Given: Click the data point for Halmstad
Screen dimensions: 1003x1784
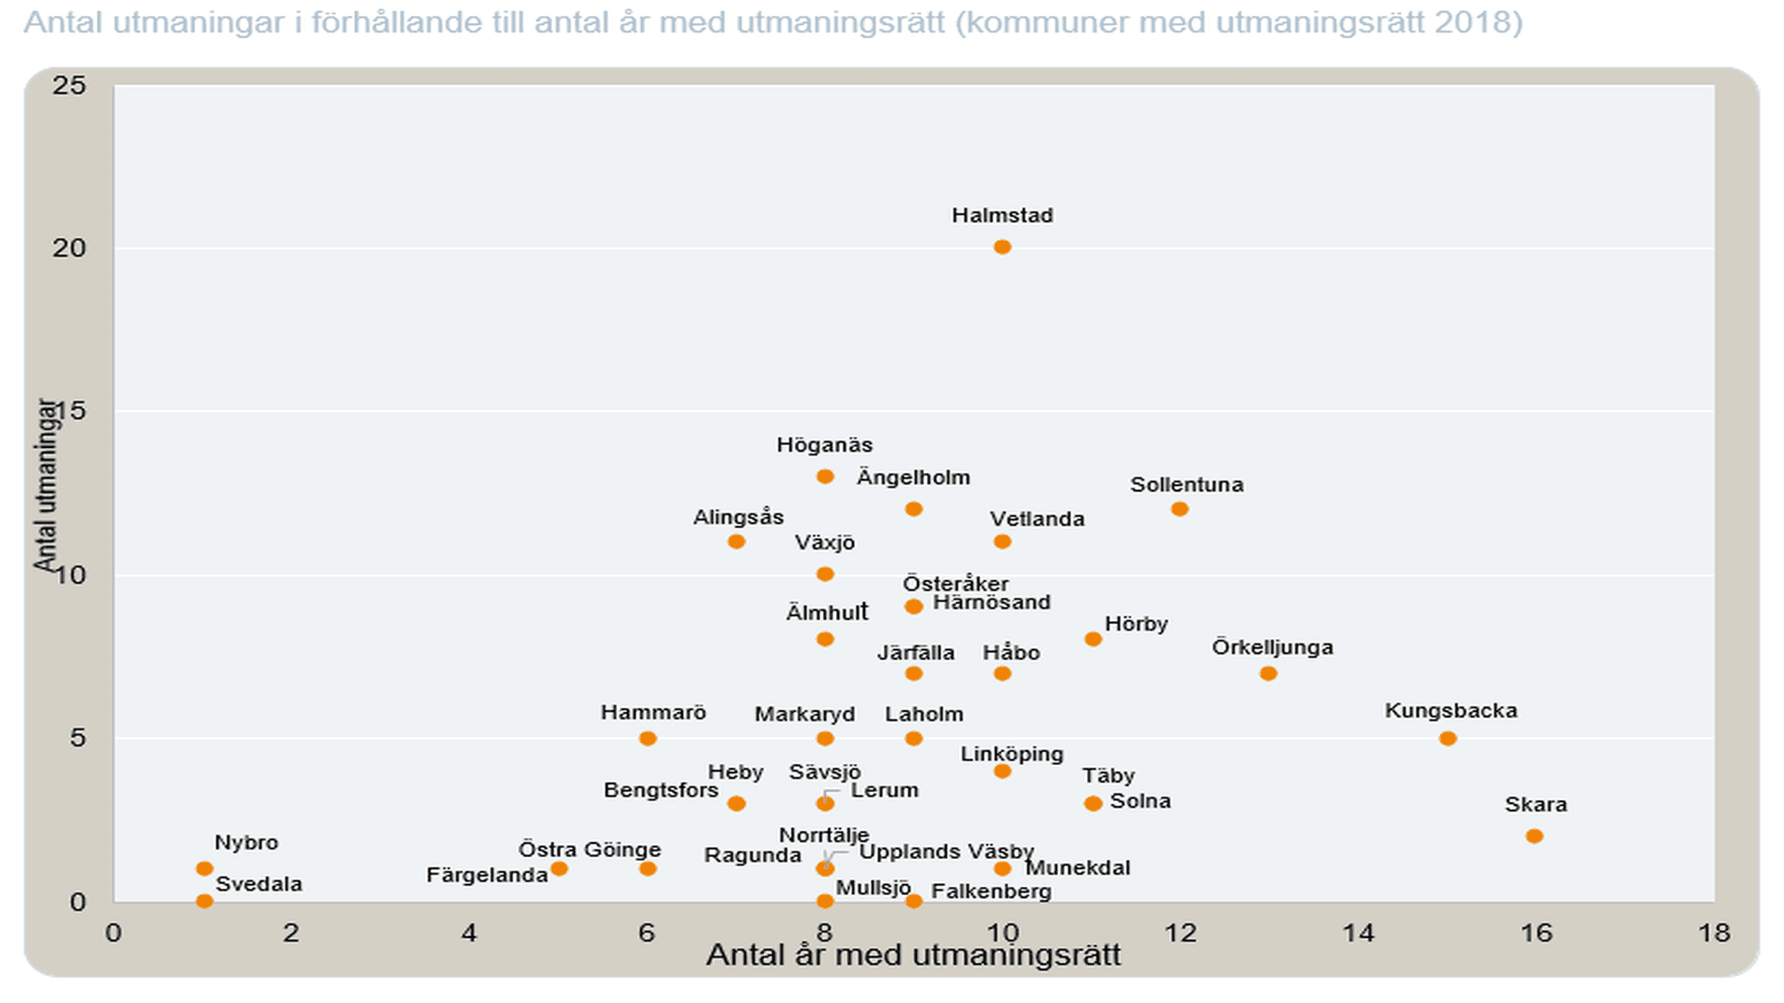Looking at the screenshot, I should (1002, 247).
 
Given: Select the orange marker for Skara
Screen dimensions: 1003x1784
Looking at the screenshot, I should (1534, 836).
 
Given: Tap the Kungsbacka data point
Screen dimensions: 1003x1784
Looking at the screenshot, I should (1448, 738).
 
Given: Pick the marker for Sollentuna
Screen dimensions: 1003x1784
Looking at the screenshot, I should (1179, 508).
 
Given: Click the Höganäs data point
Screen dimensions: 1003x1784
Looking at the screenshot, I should (824, 476).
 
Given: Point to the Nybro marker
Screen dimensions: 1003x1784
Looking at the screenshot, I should (204, 868).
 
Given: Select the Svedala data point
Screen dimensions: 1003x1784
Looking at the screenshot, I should (204, 900).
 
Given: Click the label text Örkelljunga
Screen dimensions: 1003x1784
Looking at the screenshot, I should (1272, 647).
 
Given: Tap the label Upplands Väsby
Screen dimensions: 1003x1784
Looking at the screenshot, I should (946, 851).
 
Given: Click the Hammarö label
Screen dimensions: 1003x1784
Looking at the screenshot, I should (653, 713).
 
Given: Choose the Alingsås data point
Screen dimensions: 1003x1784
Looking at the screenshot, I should (736, 541).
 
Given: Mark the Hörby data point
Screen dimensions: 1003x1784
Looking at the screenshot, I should (1093, 639).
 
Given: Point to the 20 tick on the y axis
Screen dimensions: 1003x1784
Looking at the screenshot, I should (70, 248).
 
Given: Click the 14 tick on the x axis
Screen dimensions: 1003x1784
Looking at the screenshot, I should (1358, 932).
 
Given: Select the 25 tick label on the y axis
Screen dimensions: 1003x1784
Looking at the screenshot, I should (70, 86).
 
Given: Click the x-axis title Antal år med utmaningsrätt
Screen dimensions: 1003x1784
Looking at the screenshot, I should (913, 956).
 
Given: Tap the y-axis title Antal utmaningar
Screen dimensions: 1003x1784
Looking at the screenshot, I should (45, 485).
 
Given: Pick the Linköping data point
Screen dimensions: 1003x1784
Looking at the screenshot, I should (1002, 771).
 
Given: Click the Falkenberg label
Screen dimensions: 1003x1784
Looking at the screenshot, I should (990, 891).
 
